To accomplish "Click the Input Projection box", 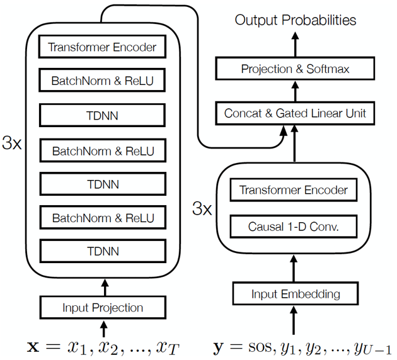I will click(103, 308).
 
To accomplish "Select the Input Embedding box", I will click(295, 294).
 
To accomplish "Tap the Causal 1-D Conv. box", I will click(294, 225).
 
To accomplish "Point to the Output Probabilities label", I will click(296, 20).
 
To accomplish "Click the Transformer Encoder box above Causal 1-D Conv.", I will click(294, 190).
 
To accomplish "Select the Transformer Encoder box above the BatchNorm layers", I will click(103, 47).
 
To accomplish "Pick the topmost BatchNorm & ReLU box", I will click(103, 81).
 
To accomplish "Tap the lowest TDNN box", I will click(103, 252).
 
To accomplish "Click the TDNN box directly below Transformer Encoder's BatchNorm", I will click(103, 115).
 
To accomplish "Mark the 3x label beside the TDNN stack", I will click(12, 143).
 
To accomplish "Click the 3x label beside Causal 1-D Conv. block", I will click(201, 208).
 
